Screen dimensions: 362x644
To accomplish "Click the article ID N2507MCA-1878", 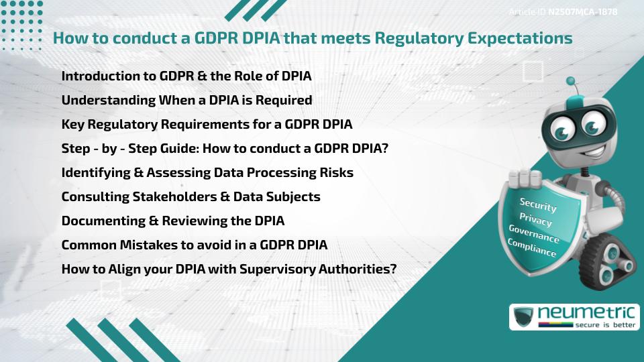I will point(582,11).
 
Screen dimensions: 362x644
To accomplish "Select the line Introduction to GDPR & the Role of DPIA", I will point(186,76).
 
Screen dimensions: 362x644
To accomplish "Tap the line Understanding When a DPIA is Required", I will point(186,100).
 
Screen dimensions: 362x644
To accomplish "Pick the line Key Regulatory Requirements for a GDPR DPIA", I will point(207,124).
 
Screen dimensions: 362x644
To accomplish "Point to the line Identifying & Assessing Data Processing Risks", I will point(207,172).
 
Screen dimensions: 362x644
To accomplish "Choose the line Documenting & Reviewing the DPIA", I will point(173,221).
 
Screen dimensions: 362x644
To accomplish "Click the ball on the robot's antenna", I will point(571,81).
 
